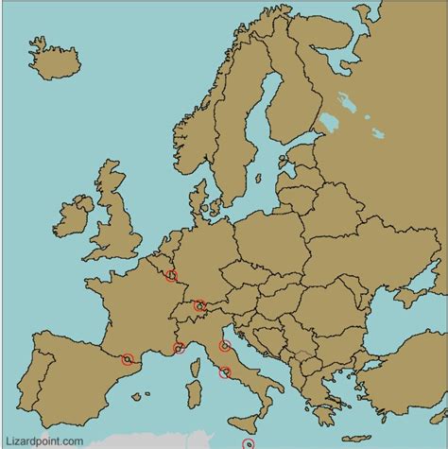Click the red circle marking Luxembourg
(x=171, y=276)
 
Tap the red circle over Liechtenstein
(x=199, y=305)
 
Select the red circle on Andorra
(x=128, y=359)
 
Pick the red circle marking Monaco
(x=179, y=349)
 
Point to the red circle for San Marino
(x=224, y=346)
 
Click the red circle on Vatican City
(x=225, y=371)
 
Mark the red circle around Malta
(x=249, y=443)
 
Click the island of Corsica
(x=198, y=364)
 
